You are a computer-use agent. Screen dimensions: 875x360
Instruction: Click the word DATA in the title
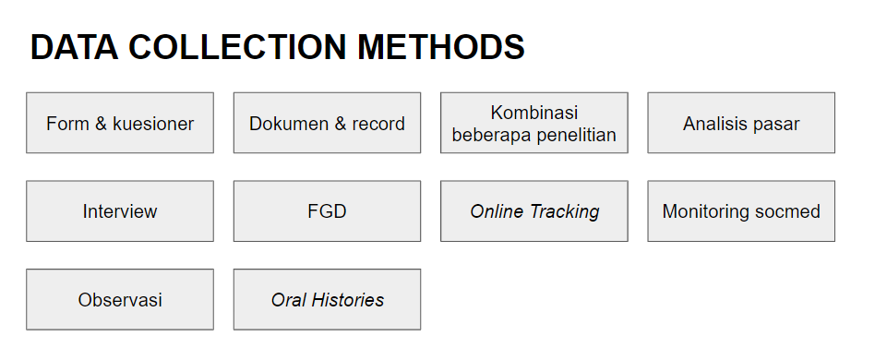74,47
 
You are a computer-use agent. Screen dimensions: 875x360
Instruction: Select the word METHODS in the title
441,47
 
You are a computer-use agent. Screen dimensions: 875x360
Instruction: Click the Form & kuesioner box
120,123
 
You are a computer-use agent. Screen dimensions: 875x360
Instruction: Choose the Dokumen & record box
327,123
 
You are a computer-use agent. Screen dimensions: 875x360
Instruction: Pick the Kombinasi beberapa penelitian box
534,123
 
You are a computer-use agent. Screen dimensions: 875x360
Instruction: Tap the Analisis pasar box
741,123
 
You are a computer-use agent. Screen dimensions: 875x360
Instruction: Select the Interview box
120,211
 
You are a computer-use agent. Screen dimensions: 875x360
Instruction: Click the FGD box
327,211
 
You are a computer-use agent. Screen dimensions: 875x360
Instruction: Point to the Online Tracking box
534,211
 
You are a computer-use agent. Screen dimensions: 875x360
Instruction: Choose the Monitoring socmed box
741,211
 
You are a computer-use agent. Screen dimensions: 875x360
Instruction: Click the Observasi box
120,300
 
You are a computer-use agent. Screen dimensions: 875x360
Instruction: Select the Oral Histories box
327,300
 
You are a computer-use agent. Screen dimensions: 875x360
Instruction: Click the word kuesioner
153,124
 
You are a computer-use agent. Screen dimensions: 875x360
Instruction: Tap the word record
378,124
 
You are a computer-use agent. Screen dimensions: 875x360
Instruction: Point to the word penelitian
576,135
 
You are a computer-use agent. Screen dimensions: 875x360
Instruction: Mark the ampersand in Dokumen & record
341,124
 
